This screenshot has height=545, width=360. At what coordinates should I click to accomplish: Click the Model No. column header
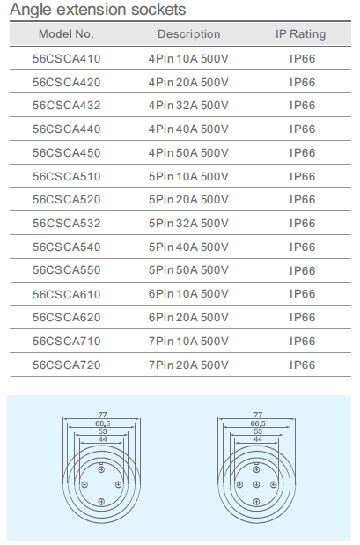point(66,34)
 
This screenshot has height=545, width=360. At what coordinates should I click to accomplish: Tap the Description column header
point(188,34)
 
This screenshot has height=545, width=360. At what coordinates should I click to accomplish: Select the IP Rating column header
point(300,34)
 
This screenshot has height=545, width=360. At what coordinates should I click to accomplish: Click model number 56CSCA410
point(66,58)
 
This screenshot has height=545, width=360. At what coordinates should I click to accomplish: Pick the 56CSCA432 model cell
point(66,106)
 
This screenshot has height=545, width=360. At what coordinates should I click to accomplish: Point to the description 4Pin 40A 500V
point(188,129)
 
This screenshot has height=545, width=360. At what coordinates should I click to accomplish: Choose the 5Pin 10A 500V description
point(188,177)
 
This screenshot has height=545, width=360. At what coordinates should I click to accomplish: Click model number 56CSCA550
point(66,270)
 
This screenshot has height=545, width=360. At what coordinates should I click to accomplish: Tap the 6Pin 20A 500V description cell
point(188,317)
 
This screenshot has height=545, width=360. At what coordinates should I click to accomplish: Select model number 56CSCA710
point(66,341)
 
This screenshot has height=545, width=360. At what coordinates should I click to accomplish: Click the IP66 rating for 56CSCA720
point(302,365)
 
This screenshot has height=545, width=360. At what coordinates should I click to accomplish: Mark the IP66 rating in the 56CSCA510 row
point(302,177)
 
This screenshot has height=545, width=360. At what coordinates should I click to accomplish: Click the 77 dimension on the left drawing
point(102,415)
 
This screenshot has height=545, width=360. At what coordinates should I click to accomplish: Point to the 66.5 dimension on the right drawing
point(258,423)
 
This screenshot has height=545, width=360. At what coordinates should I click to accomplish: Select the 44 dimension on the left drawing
point(102,439)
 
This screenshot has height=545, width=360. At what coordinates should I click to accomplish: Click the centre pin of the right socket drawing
point(256,484)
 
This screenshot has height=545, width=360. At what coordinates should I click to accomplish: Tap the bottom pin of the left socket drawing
point(101,501)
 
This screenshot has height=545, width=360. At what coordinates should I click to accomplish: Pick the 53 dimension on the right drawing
point(258,431)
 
